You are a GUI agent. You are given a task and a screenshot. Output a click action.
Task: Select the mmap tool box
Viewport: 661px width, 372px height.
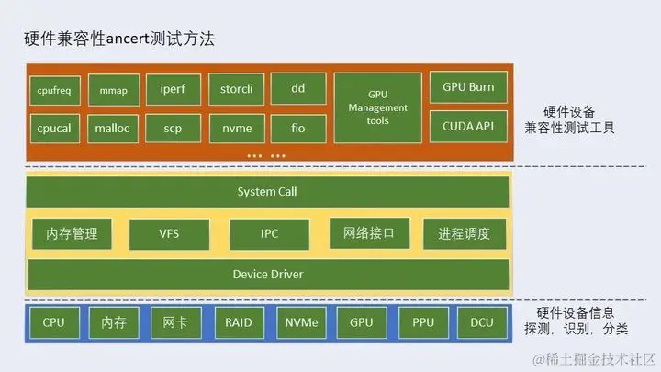click(114, 91)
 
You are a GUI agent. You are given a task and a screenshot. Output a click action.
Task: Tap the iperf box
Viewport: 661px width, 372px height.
click(174, 89)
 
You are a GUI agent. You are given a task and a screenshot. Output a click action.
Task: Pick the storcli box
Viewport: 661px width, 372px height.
click(236, 89)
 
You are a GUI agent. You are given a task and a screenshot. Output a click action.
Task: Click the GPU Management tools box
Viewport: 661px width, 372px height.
click(377, 108)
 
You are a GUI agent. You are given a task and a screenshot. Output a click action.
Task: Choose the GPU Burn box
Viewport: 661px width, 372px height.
click(468, 88)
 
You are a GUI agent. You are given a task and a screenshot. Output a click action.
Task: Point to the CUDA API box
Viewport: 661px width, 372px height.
click(468, 125)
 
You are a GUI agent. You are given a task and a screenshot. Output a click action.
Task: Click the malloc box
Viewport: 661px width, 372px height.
click(114, 128)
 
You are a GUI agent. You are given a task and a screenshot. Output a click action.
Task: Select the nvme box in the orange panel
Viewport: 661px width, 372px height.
click(236, 128)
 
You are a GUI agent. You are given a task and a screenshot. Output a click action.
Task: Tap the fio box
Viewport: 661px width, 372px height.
click(298, 128)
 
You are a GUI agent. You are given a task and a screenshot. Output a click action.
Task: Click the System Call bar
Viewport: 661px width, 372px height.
click(267, 192)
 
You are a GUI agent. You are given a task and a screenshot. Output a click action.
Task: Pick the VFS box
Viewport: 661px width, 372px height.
click(170, 233)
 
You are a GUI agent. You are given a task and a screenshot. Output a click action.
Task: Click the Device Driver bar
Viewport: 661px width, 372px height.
click(267, 274)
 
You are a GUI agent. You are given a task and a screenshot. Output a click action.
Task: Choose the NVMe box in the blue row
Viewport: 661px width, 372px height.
click(300, 323)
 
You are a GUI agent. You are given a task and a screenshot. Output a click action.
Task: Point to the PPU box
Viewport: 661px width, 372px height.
click(423, 323)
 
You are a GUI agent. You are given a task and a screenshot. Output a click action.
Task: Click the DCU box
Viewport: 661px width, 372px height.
click(482, 323)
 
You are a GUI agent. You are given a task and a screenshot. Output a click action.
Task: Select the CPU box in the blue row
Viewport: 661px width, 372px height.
click(54, 323)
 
